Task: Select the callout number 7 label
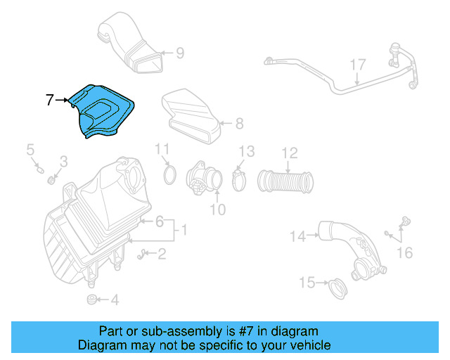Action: pyautogui.click(x=50, y=101)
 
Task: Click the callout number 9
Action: pyautogui.click(x=179, y=52)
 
